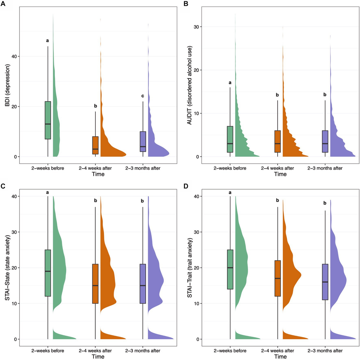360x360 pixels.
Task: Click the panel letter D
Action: tap(186, 186)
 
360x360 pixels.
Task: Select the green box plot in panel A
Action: tap(48, 120)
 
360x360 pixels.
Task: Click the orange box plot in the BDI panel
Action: tap(95, 145)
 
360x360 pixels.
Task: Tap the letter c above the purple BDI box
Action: tap(142, 96)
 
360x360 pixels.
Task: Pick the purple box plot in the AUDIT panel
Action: tap(325, 141)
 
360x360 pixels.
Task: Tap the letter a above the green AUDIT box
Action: tap(230, 83)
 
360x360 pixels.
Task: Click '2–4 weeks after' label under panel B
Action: tap(278, 168)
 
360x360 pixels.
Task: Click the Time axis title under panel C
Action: tap(98, 357)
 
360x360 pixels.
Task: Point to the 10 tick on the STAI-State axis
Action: tap(14, 304)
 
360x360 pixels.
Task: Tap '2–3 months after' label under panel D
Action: tap(325, 351)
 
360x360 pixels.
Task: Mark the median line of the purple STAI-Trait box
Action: tap(325, 282)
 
